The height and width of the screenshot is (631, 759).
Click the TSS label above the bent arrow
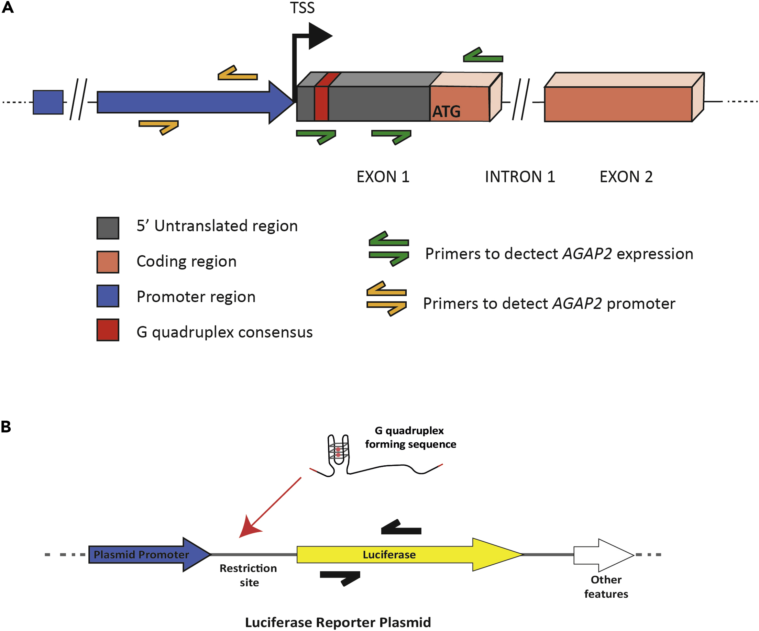pos(302,8)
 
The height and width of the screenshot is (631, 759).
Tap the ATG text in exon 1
pos(447,111)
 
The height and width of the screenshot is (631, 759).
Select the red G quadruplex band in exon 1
pos(321,103)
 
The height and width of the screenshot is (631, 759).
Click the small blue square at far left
pos(48,102)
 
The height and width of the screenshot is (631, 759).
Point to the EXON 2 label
pos(626,177)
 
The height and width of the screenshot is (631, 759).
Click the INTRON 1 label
pos(520,177)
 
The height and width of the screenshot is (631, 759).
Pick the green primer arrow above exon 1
pos(483,56)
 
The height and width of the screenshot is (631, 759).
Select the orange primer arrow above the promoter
pos(238,74)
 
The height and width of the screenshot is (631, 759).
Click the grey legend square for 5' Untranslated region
pos(108,228)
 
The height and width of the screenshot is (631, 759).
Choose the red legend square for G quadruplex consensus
pos(108,330)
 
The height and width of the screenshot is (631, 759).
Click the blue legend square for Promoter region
pos(108,296)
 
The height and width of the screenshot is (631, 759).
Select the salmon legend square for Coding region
pos(108,262)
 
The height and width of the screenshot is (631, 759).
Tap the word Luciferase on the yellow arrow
pos(389,554)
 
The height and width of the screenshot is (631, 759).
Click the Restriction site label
pos(248,575)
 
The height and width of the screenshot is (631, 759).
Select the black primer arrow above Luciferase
pos(401,528)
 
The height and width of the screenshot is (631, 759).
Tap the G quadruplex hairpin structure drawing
pos(338,454)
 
